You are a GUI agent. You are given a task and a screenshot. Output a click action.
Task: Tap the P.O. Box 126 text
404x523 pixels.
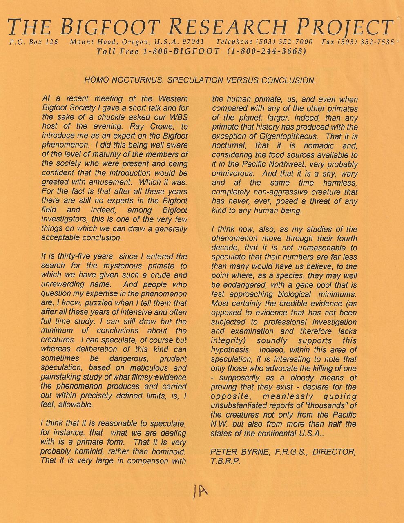coord(33,42)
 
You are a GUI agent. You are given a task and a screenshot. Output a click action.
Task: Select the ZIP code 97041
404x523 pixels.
coord(194,42)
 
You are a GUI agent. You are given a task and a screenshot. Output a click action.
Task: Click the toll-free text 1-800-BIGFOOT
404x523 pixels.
coord(181,51)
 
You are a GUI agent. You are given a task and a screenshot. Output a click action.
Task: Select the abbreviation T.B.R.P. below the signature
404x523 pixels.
coord(225,461)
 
